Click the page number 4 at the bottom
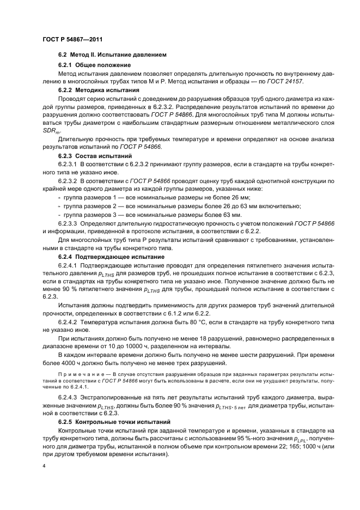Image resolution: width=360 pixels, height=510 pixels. (x=44, y=467)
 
